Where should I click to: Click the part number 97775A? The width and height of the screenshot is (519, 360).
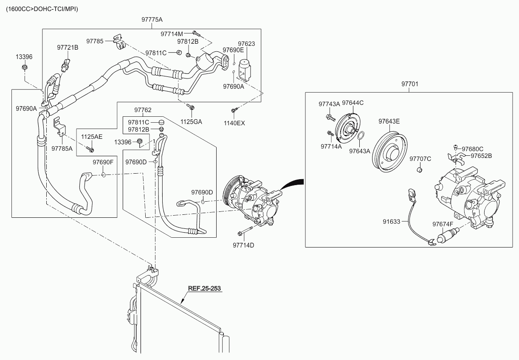[x=152, y=20]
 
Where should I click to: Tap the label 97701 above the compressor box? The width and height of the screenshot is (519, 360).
[x=410, y=84]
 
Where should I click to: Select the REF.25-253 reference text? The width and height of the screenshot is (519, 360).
[x=205, y=288]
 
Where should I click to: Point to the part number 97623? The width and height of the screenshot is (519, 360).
[x=246, y=44]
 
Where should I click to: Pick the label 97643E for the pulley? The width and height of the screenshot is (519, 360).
[x=389, y=121]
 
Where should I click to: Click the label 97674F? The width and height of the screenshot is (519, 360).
[x=443, y=224]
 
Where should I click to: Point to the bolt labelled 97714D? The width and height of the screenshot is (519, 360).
[x=243, y=245]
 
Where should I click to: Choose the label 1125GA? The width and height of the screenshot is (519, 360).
[x=191, y=122]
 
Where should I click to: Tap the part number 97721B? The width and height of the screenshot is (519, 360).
[x=68, y=48]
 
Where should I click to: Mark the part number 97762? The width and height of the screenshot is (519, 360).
[x=143, y=110]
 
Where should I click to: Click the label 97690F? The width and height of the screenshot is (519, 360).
[x=103, y=162]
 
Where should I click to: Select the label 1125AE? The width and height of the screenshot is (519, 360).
[x=92, y=137]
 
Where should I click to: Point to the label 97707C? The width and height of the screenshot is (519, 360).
[x=420, y=159]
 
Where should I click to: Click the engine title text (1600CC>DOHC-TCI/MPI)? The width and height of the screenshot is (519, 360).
[x=42, y=9]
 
